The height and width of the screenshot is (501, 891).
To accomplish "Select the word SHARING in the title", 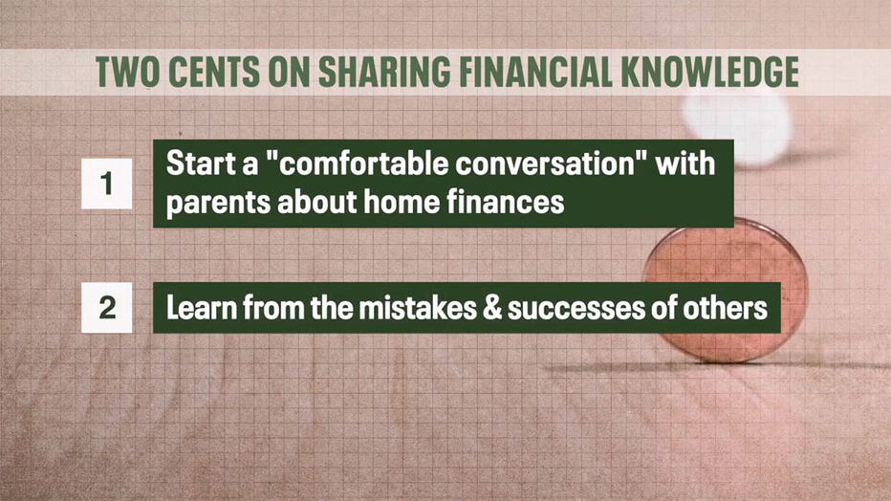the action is point(384,72).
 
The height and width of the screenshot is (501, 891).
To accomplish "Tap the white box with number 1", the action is point(107,184).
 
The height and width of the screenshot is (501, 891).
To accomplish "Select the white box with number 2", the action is point(107,307).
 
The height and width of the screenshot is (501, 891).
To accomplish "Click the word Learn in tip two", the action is point(201,307).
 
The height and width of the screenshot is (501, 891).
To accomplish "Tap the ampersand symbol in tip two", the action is point(491,308).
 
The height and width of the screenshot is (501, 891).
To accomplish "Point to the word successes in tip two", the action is point(576,309).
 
